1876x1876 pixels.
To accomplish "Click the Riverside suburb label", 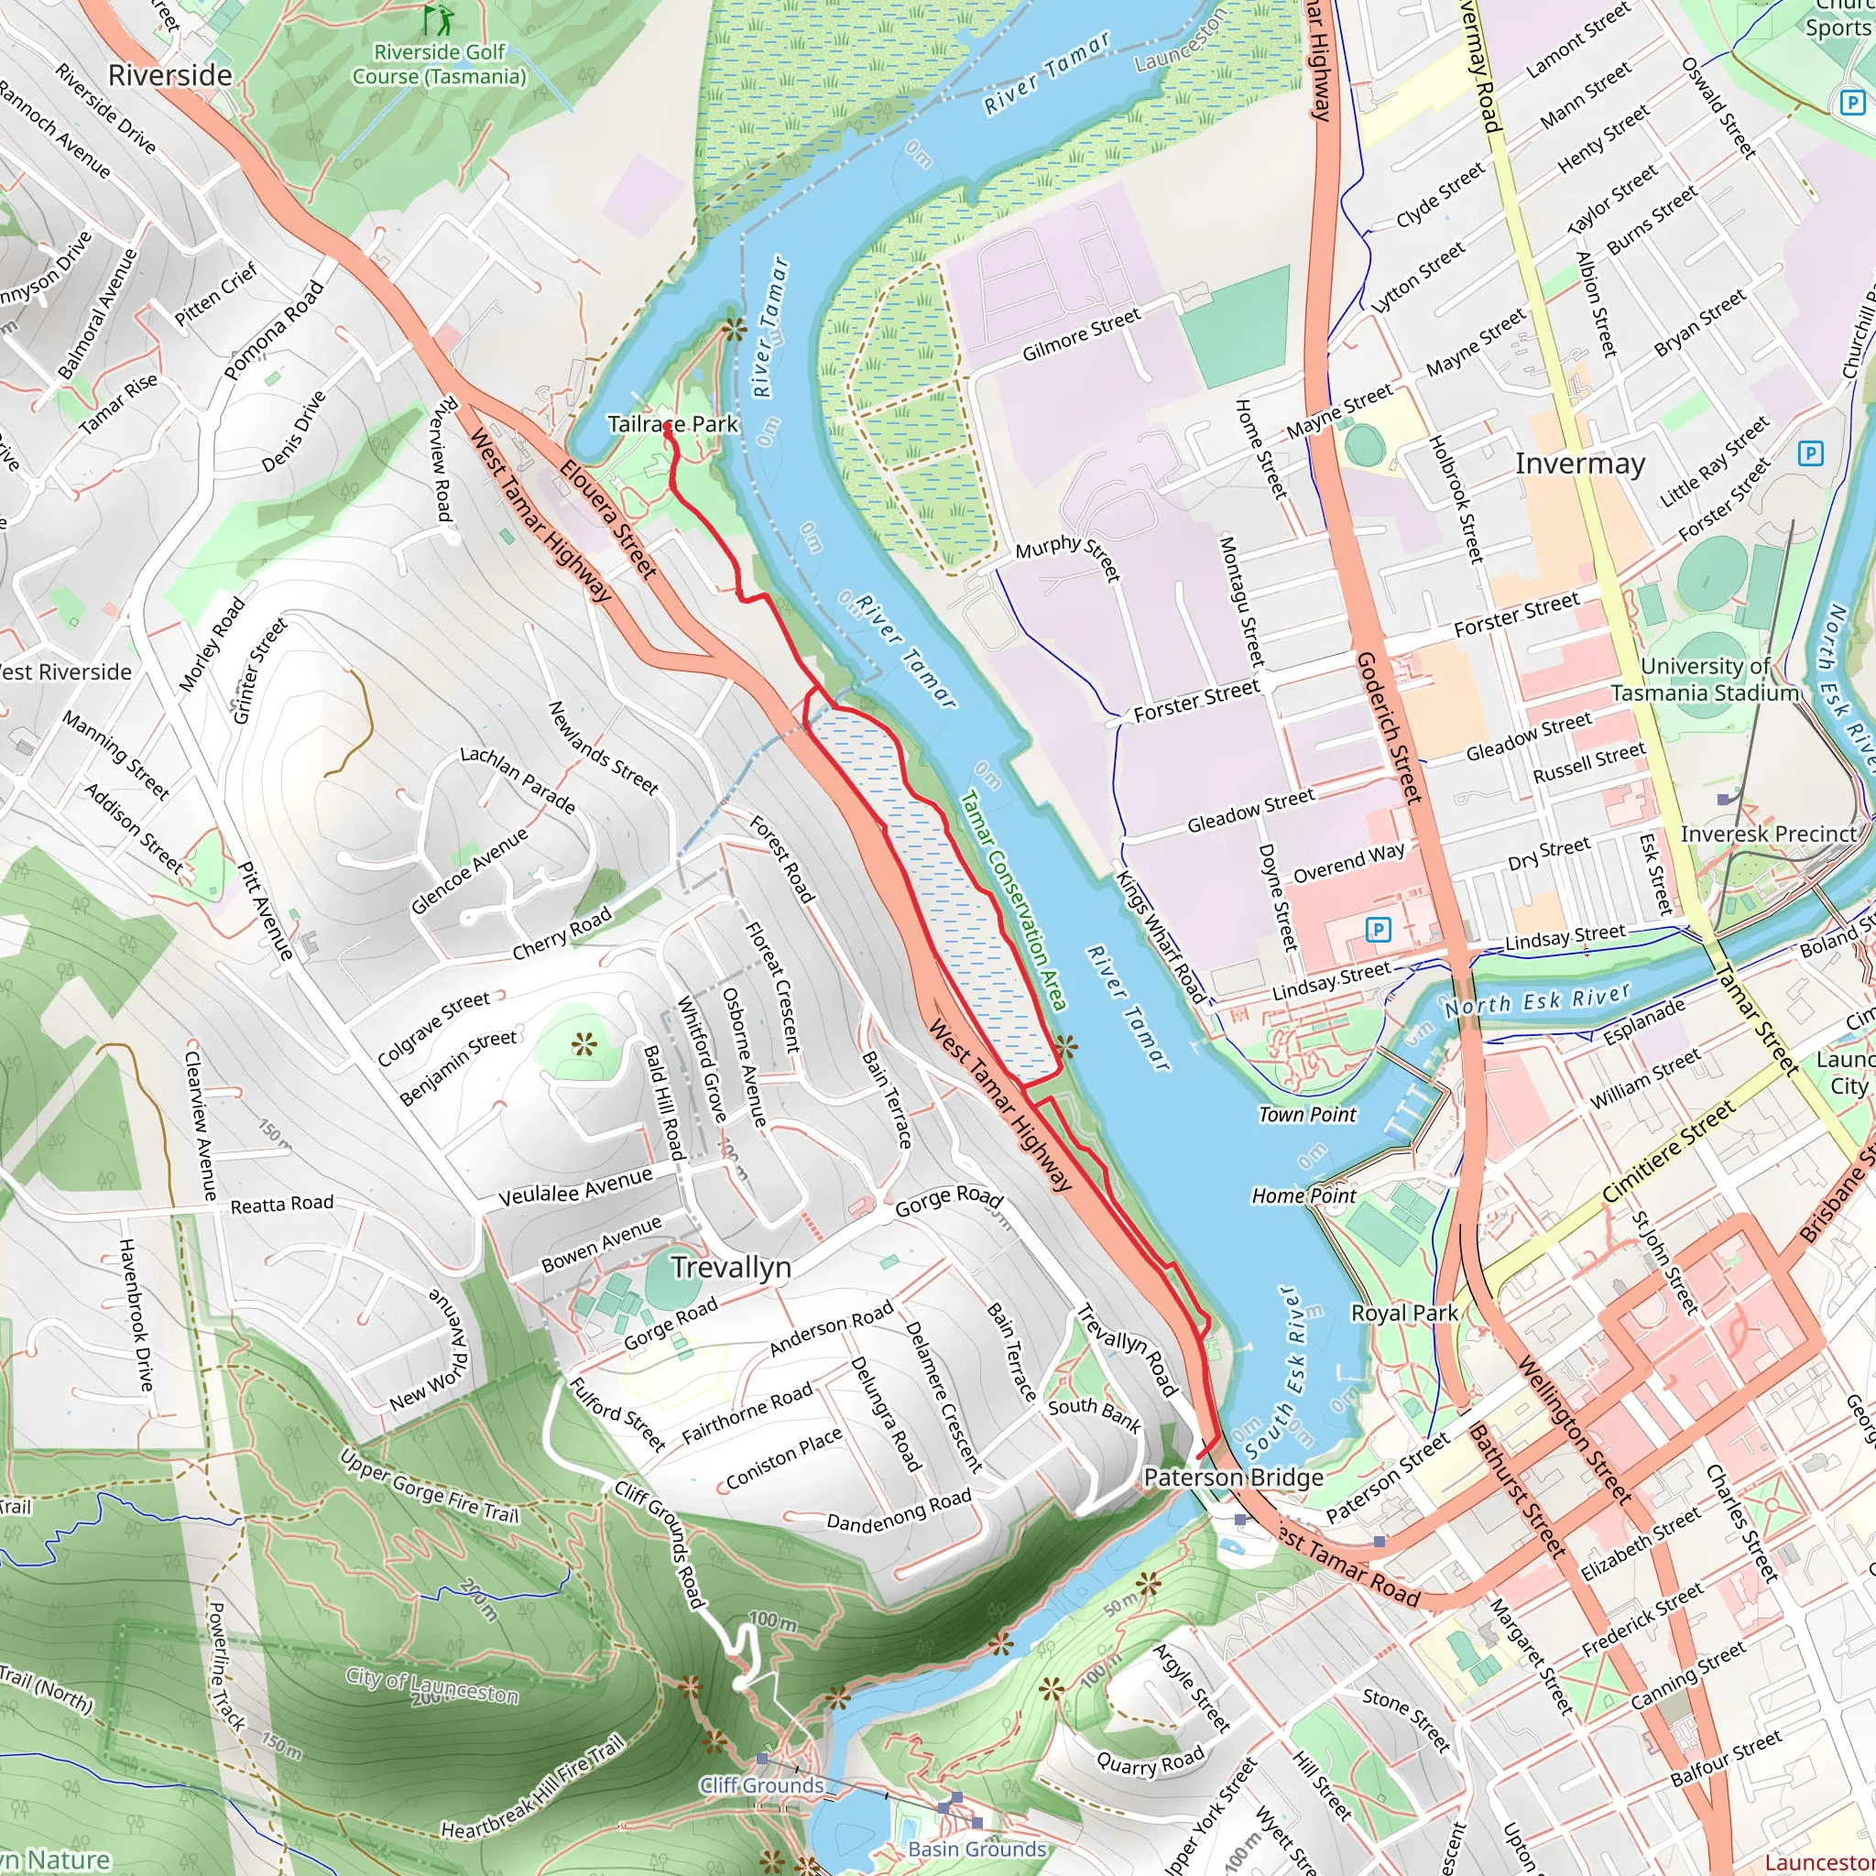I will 170,76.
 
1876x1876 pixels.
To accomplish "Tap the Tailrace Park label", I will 672,424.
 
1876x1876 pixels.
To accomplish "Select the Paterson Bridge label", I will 1233,1477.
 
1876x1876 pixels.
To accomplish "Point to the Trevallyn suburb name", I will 731,1267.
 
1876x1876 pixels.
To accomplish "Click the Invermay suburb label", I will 1580,464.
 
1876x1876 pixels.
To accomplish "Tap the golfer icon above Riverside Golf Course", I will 439,18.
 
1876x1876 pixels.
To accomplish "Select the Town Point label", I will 1307,1115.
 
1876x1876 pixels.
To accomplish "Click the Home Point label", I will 1303,1196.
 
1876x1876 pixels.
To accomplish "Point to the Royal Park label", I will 1404,1314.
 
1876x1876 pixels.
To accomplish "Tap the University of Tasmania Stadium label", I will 1705,680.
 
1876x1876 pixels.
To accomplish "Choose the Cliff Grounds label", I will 761,1784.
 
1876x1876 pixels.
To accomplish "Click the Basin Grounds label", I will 976,1849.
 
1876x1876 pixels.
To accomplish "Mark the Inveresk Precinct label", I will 1768,834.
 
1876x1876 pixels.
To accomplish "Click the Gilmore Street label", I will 1081,335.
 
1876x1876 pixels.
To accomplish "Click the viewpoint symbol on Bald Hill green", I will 584,1045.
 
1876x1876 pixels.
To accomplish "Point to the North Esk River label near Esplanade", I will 1537,1000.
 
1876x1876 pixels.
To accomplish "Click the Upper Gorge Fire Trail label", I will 430,1487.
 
